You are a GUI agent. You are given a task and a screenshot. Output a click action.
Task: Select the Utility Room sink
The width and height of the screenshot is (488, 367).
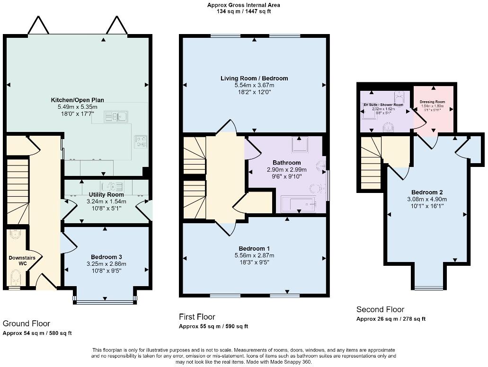point(109,186)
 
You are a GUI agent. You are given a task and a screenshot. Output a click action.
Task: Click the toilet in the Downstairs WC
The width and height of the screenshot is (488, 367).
point(15,276)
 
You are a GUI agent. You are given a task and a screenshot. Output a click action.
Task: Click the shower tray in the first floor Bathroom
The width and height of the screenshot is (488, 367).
point(300,145)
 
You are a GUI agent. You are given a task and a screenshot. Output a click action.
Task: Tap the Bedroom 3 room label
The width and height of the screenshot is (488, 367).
point(106,257)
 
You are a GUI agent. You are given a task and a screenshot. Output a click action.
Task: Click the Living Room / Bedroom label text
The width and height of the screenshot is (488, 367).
point(254,78)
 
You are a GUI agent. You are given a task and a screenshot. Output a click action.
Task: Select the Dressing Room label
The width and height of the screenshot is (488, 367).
point(432,102)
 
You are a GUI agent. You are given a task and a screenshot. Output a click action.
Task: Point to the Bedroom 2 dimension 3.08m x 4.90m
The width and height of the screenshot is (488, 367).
point(426,199)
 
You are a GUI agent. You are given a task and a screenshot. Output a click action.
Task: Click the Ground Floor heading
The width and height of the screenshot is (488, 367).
point(27,323)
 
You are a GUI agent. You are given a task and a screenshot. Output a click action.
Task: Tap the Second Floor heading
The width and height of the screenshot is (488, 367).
point(380,309)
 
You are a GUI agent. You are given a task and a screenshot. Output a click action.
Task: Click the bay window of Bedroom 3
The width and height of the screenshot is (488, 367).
point(105,299)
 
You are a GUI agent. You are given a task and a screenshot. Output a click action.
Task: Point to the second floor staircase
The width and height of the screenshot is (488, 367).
point(371,163)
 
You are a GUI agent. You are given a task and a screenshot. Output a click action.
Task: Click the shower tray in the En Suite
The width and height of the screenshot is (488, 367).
point(367,114)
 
